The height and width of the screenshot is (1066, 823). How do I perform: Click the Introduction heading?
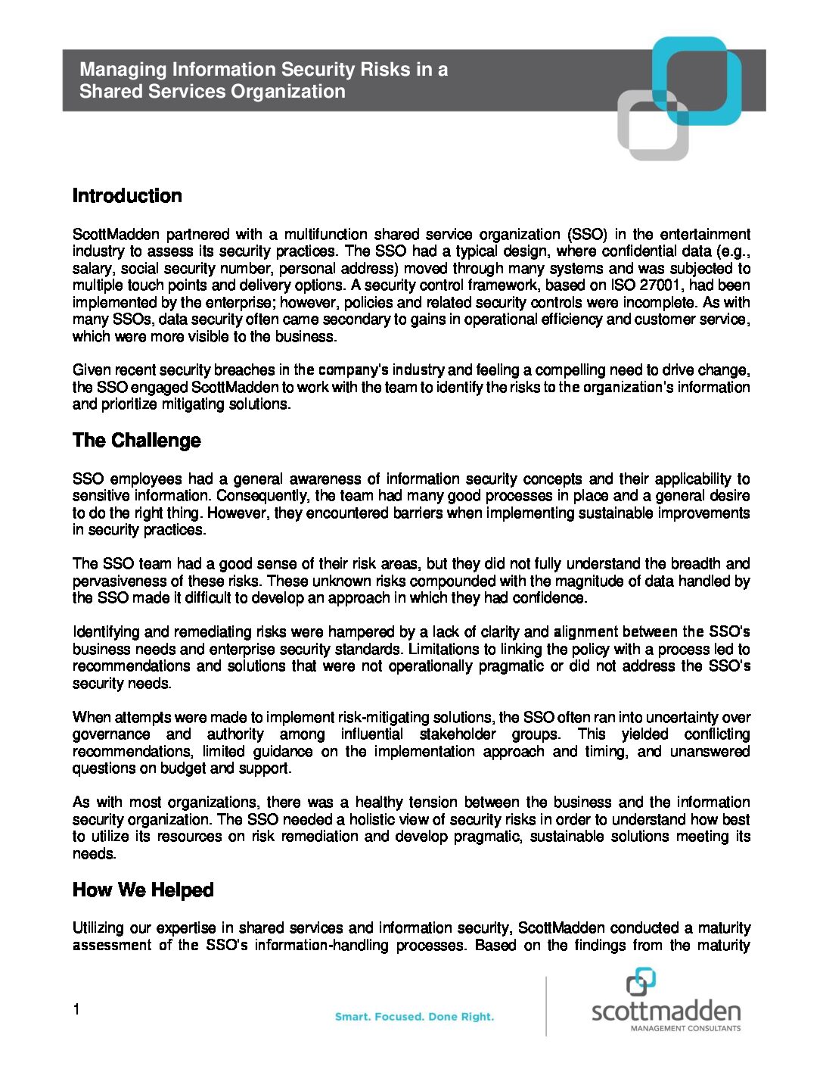(127, 196)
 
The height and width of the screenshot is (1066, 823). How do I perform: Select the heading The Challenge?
(137, 441)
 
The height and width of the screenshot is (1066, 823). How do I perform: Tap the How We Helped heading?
(143, 890)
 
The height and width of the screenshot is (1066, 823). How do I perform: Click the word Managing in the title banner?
(123, 70)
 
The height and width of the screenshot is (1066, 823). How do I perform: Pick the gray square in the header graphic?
(652, 126)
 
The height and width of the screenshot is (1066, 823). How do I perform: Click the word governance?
(111, 734)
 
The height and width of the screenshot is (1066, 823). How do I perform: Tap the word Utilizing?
(98, 928)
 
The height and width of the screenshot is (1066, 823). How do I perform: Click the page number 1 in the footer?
(76, 1009)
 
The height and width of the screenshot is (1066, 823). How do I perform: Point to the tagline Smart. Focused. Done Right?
(415, 1017)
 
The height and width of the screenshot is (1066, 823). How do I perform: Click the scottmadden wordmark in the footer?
(666, 1011)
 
